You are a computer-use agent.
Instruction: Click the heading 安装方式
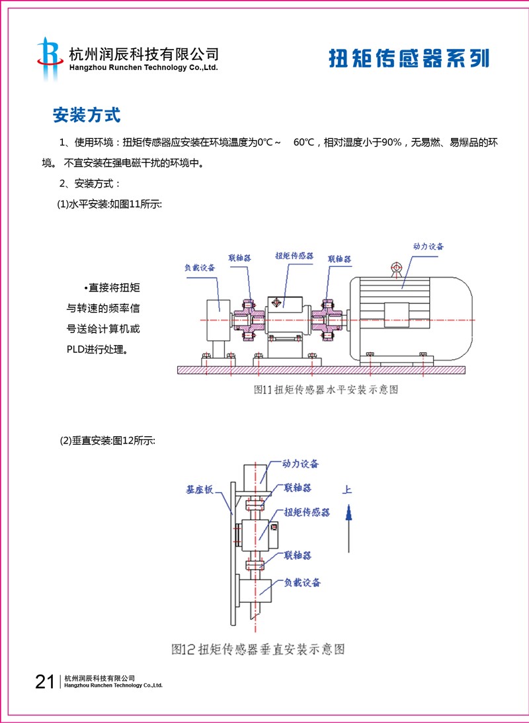87,115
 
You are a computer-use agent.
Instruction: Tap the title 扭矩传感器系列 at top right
409,58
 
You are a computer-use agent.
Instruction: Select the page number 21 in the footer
45,681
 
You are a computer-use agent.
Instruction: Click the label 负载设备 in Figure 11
200,268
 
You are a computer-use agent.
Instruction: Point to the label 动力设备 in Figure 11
428,247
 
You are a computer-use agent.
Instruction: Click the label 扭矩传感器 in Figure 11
294,255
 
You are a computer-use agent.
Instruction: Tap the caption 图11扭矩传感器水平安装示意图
326,390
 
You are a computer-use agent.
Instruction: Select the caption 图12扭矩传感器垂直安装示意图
258,648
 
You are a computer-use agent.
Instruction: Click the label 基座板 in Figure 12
199,490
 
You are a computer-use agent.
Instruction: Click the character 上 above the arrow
348,490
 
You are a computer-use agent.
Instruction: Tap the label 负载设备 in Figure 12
302,582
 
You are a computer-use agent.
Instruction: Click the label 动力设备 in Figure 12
300,464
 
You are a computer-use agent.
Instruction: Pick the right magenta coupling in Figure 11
327,321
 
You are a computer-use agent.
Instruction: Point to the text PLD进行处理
97,348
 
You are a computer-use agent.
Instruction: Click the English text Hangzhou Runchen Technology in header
143,67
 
